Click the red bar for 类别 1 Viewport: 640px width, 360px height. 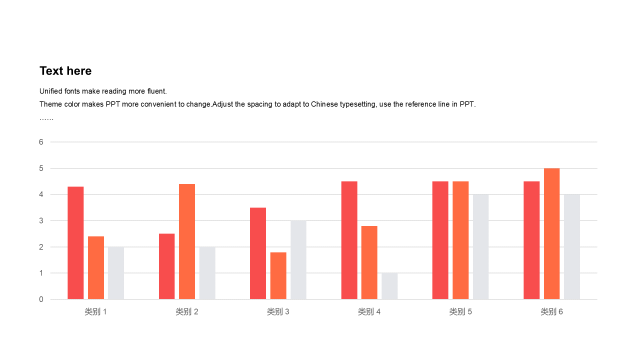[x=75, y=243]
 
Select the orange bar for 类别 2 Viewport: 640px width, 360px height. [x=187, y=241]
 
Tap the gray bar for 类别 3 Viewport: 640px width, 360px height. [x=298, y=260]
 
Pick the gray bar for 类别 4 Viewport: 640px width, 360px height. [x=389, y=286]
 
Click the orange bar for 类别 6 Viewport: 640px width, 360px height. [x=551, y=234]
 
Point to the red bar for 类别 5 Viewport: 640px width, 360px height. [x=440, y=240]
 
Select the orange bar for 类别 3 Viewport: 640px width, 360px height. [x=278, y=275]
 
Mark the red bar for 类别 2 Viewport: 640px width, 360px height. [x=167, y=266]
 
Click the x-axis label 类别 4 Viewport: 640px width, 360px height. [x=369, y=312]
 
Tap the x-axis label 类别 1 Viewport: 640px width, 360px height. [x=95, y=312]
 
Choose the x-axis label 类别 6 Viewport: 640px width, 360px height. [x=551, y=312]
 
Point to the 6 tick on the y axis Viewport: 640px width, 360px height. [x=41, y=142]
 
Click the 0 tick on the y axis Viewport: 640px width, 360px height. [x=41, y=299]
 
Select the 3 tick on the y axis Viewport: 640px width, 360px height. [x=41, y=220]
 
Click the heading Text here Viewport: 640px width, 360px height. [x=65, y=71]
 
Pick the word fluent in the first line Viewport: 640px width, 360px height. [x=156, y=91]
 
